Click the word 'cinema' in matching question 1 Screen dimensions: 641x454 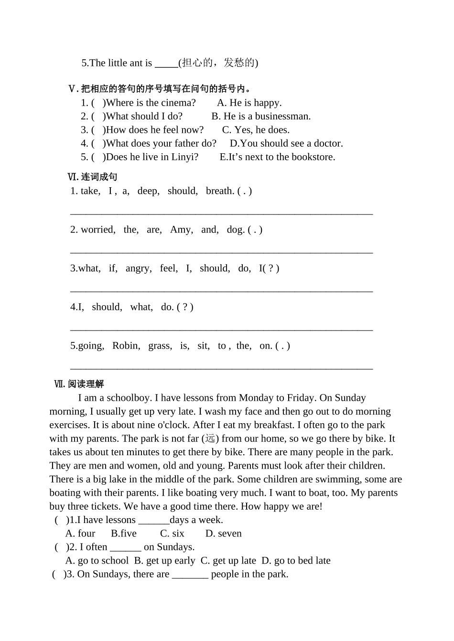(181, 103)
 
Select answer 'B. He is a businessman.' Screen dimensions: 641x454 (261, 116)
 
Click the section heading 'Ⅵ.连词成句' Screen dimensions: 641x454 (93, 177)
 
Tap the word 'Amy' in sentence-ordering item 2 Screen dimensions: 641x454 (181, 230)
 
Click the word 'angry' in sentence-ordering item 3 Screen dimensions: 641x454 (138, 268)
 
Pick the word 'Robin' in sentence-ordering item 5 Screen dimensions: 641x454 (125, 346)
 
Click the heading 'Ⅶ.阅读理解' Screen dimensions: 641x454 (79, 384)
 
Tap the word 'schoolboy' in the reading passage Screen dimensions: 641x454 (129, 398)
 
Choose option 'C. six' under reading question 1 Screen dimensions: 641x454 (172, 534)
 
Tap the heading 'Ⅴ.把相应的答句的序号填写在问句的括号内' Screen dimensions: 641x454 (160, 89)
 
